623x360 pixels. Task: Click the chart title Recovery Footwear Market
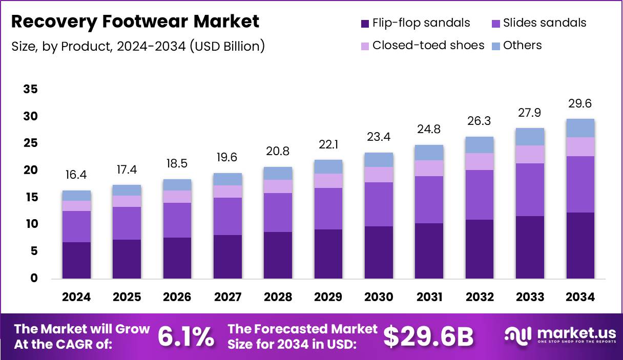[x=135, y=22]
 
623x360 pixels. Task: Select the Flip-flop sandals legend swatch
[x=365, y=23]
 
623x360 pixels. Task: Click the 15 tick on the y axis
[x=31, y=197]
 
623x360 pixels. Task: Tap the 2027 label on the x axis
[x=227, y=297]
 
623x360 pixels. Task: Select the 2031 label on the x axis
[x=429, y=297]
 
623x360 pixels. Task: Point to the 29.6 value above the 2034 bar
[x=580, y=104]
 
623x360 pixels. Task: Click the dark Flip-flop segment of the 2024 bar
[x=76, y=260]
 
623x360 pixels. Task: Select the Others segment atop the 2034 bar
[x=580, y=128]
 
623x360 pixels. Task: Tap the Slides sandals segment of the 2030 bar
[x=379, y=204]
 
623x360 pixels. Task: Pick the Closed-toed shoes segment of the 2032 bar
[x=479, y=161]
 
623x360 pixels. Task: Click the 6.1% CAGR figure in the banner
[x=185, y=336]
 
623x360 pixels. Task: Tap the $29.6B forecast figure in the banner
[x=428, y=336]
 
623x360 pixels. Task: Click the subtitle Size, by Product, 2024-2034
[x=138, y=46]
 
